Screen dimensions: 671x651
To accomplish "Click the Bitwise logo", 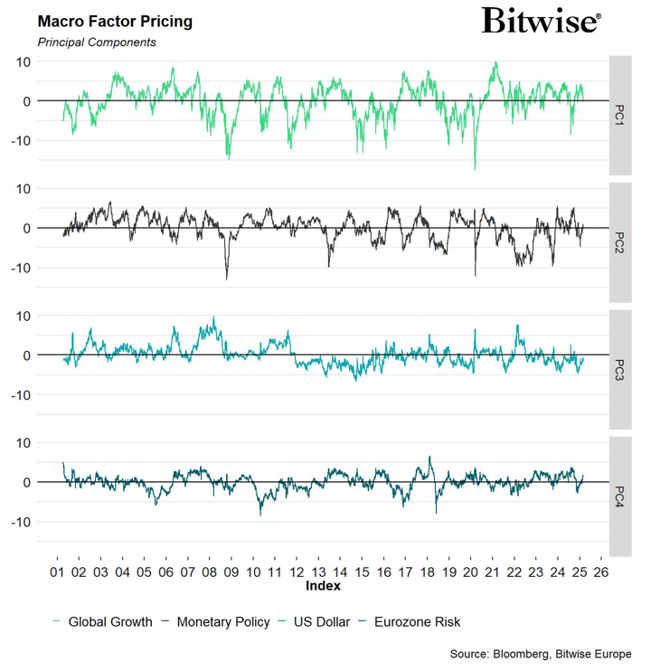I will [541, 21].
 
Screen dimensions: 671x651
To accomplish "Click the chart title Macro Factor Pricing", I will [115, 21].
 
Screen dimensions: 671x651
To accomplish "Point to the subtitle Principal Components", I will [97, 42].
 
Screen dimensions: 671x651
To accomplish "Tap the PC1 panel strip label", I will [619, 115].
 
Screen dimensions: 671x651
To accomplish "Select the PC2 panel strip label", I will [619, 242].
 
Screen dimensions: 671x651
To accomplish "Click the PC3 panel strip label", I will [619, 370].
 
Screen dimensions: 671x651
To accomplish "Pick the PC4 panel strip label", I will [619, 496].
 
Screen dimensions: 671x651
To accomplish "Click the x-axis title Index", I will [323, 586].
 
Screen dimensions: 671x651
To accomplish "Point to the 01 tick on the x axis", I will [56, 572].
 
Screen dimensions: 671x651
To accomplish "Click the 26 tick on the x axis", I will [601, 572].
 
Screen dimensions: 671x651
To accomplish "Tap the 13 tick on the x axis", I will [318, 572].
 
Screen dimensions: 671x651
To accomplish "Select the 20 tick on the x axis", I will [470, 572].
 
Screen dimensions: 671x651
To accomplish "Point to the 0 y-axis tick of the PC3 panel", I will [27, 355].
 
